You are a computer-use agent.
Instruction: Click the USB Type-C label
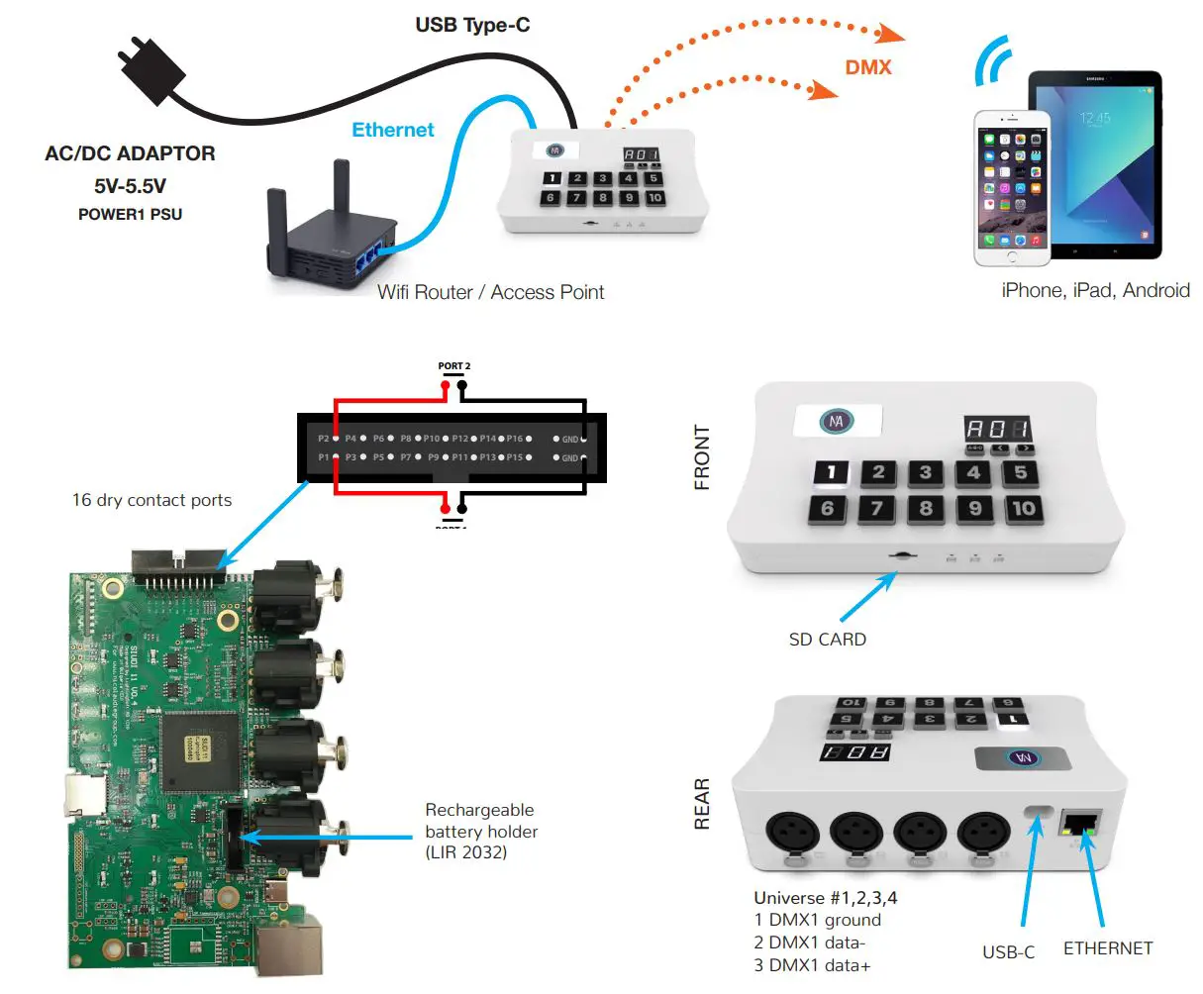click(x=472, y=25)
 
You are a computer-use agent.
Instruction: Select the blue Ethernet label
click(x=393, y=130)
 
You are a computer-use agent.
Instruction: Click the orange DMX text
click(x=868, y=67)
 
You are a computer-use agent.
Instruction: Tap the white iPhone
click(x=1011, y=188)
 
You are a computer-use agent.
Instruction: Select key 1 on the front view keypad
click(x=832, y=473)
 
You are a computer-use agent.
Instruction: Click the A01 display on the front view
click(x=998, y=430)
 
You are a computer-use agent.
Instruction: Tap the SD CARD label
click(x=827, y=640)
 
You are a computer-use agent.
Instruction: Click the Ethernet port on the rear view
click(x=1081, y=825)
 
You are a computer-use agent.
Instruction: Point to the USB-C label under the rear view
click(x=1008, y=951)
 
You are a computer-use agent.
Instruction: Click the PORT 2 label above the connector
click(x=454, y=366)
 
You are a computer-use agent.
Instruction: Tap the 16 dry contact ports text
click(x=151, y=500)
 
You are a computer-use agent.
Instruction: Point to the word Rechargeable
click(x=479, y=810)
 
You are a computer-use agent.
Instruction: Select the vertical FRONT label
click(x=702, y=457)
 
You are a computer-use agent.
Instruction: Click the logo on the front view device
click(x=837, y=422)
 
